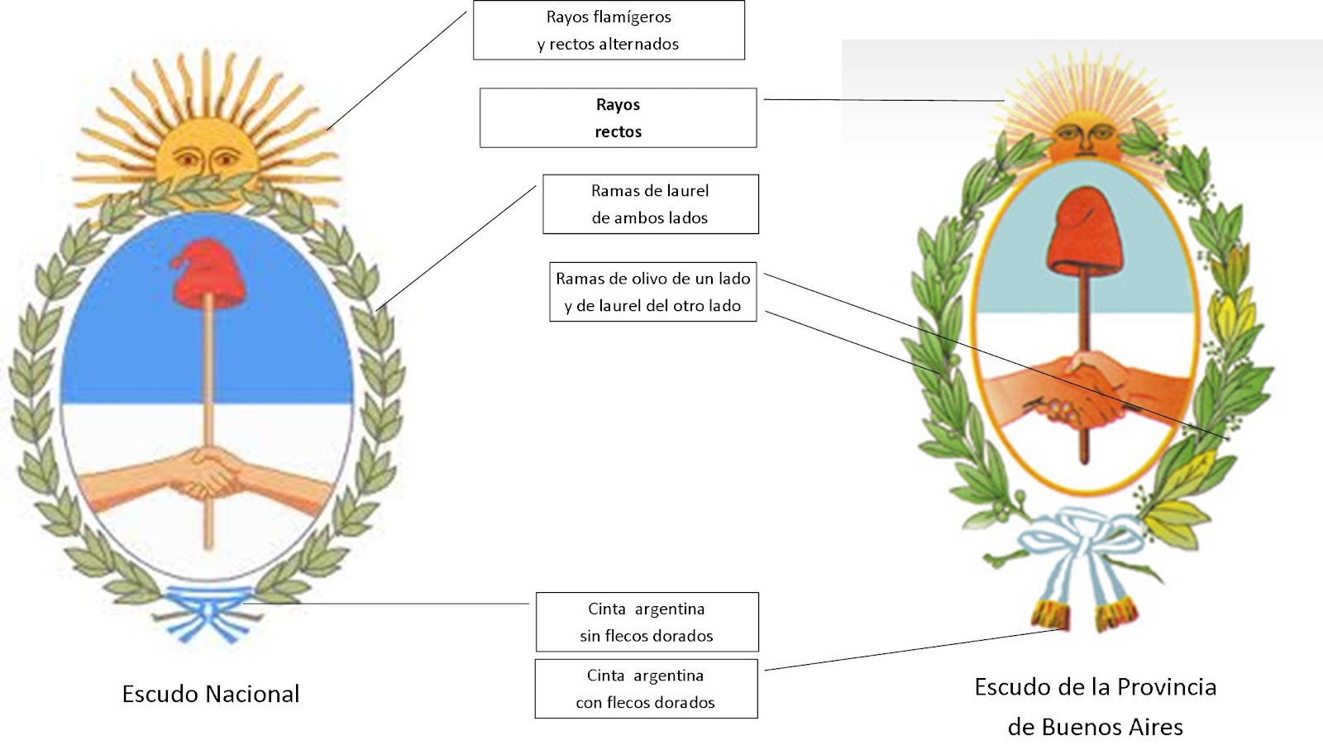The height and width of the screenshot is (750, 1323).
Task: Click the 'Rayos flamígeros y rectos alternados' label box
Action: coord(609,30)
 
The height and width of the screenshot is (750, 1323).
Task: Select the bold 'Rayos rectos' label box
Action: coord(618,117)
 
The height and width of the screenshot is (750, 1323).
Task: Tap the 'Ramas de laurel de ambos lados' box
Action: coord(650,203)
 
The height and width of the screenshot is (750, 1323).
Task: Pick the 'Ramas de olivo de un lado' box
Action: coord(652,292)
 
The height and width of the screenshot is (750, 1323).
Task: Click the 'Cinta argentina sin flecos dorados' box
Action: coord(647,622)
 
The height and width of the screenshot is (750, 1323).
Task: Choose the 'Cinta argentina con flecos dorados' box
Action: coord(646,689)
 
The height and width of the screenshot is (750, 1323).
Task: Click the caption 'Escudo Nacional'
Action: coord(211,694)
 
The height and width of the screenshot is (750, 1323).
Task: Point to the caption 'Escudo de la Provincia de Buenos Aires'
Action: coord(1095,706)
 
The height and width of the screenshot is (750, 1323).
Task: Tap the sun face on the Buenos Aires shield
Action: coord(1085,135)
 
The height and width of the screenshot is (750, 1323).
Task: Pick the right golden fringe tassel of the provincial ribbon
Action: coord(1115,614)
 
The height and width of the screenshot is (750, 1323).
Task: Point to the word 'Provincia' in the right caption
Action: coord(1166,686)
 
